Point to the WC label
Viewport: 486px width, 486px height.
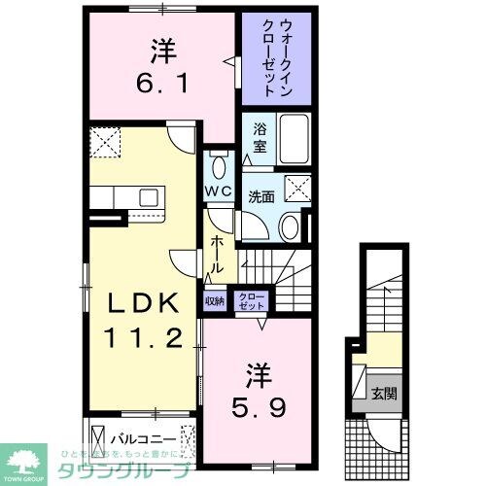click(x=218, y=191)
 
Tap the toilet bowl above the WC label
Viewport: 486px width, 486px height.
click(x=218, y=161)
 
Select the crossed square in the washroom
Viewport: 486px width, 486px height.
click(x=298, y=187)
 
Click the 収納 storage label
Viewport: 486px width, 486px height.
click(x=214, y=301)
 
